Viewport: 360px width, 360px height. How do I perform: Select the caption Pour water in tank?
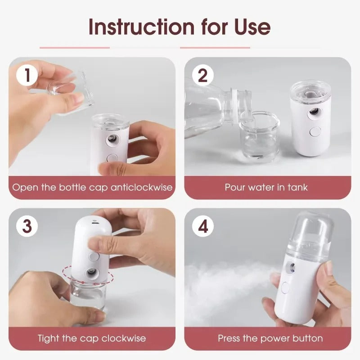[266, 187]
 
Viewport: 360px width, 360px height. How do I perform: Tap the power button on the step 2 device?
[314, 132]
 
